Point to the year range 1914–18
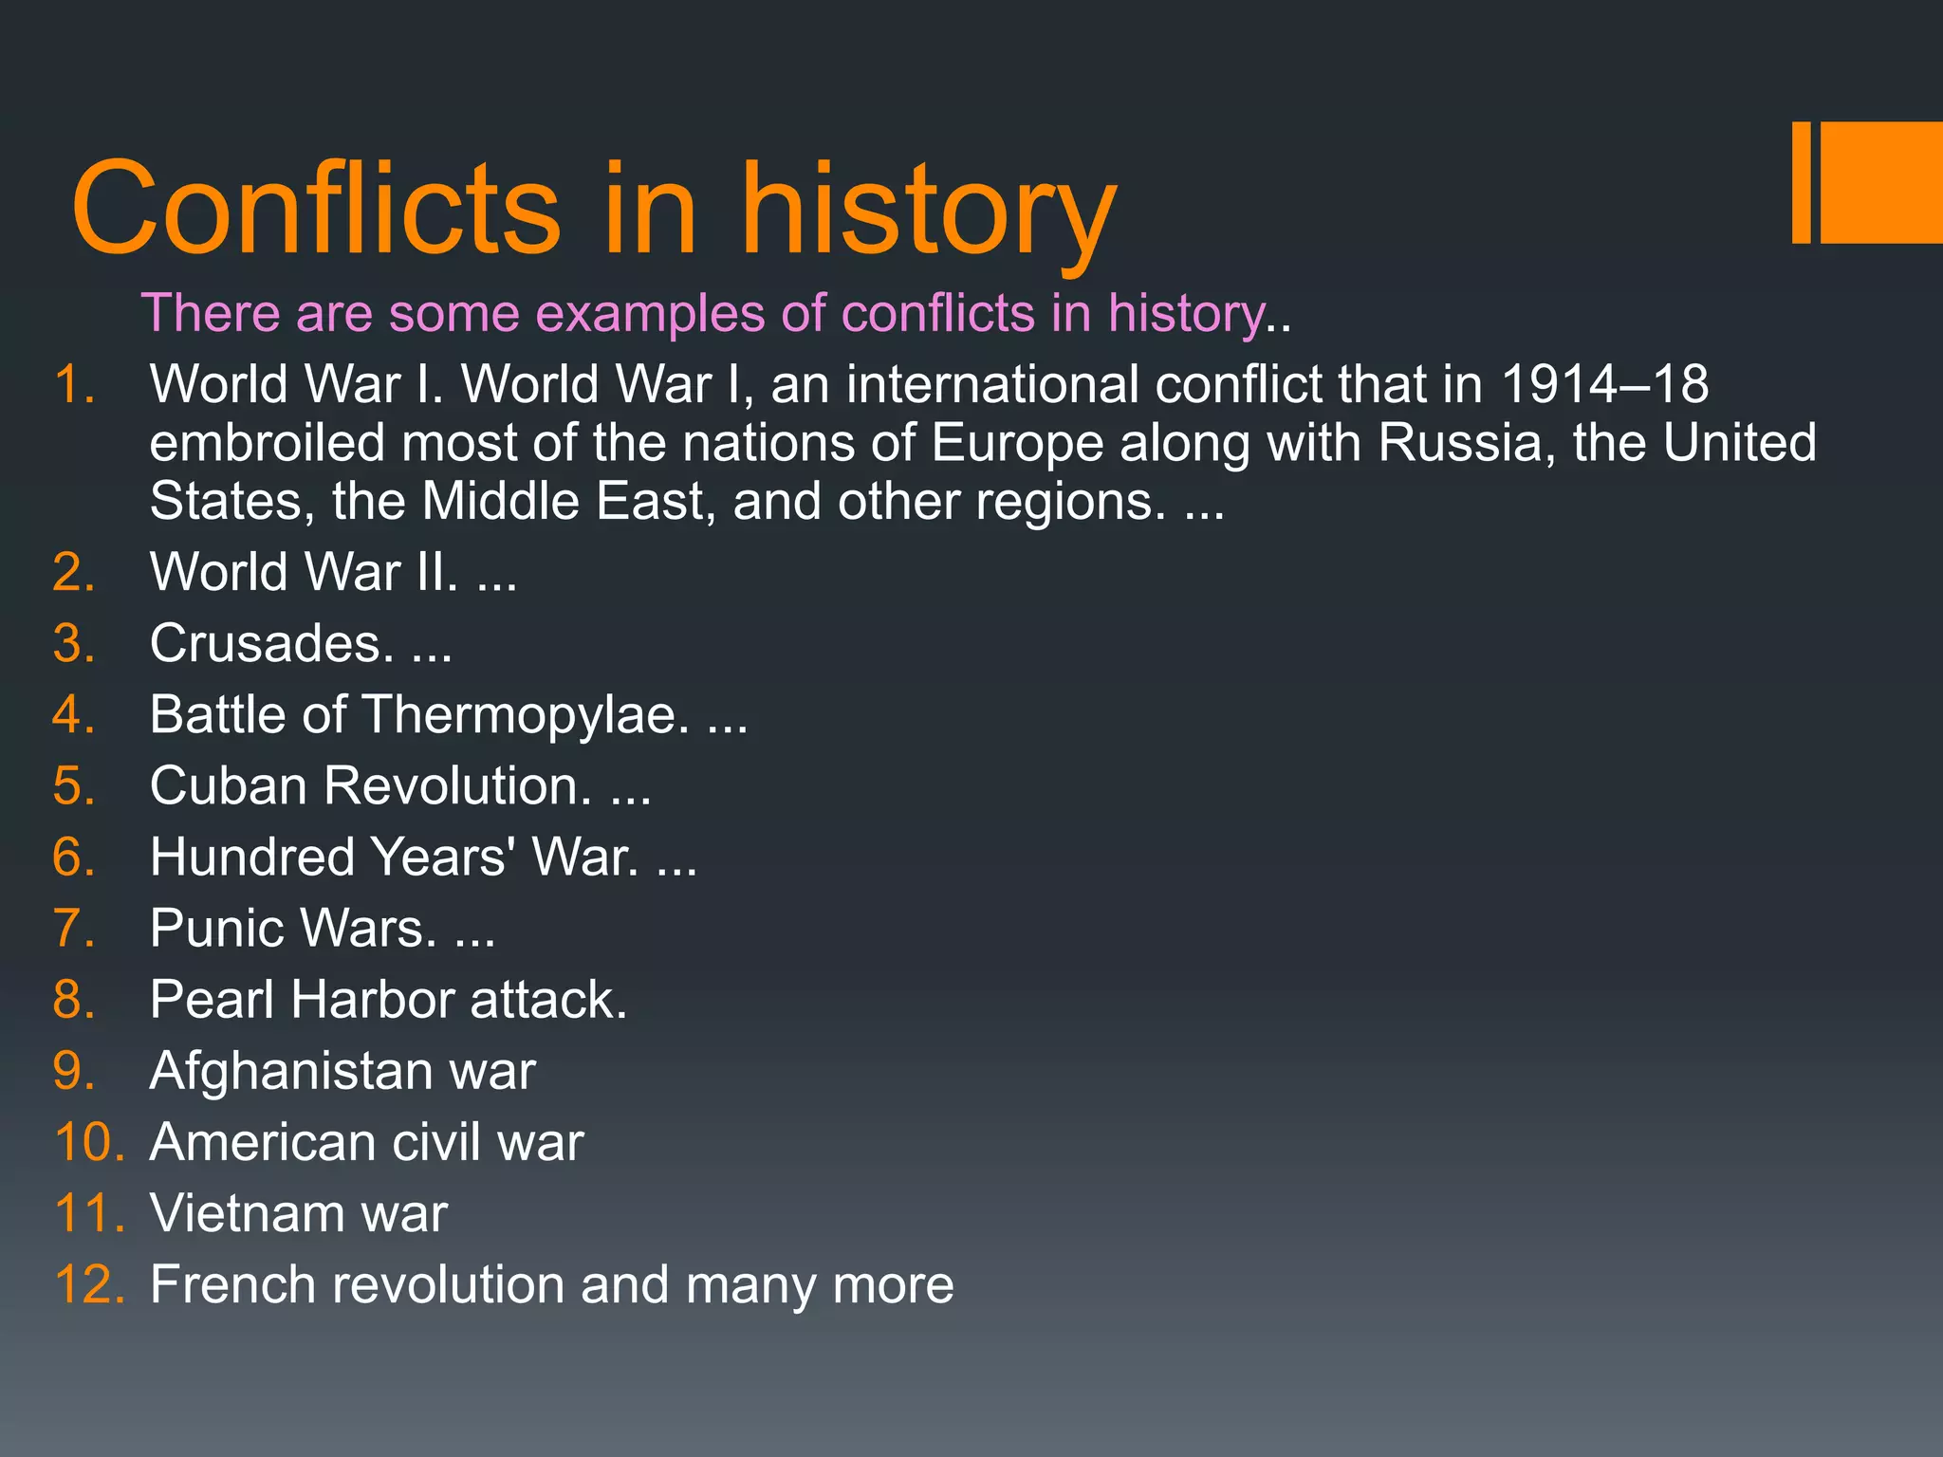tap(1604, 384)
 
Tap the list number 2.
tap(74, 573)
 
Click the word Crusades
tap(271, 643)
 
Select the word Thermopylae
tap(526, 714)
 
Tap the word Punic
tap(217, 928)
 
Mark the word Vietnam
tap(248, 1213)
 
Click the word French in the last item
tap(232, 1284)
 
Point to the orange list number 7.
tap(74, 928)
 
